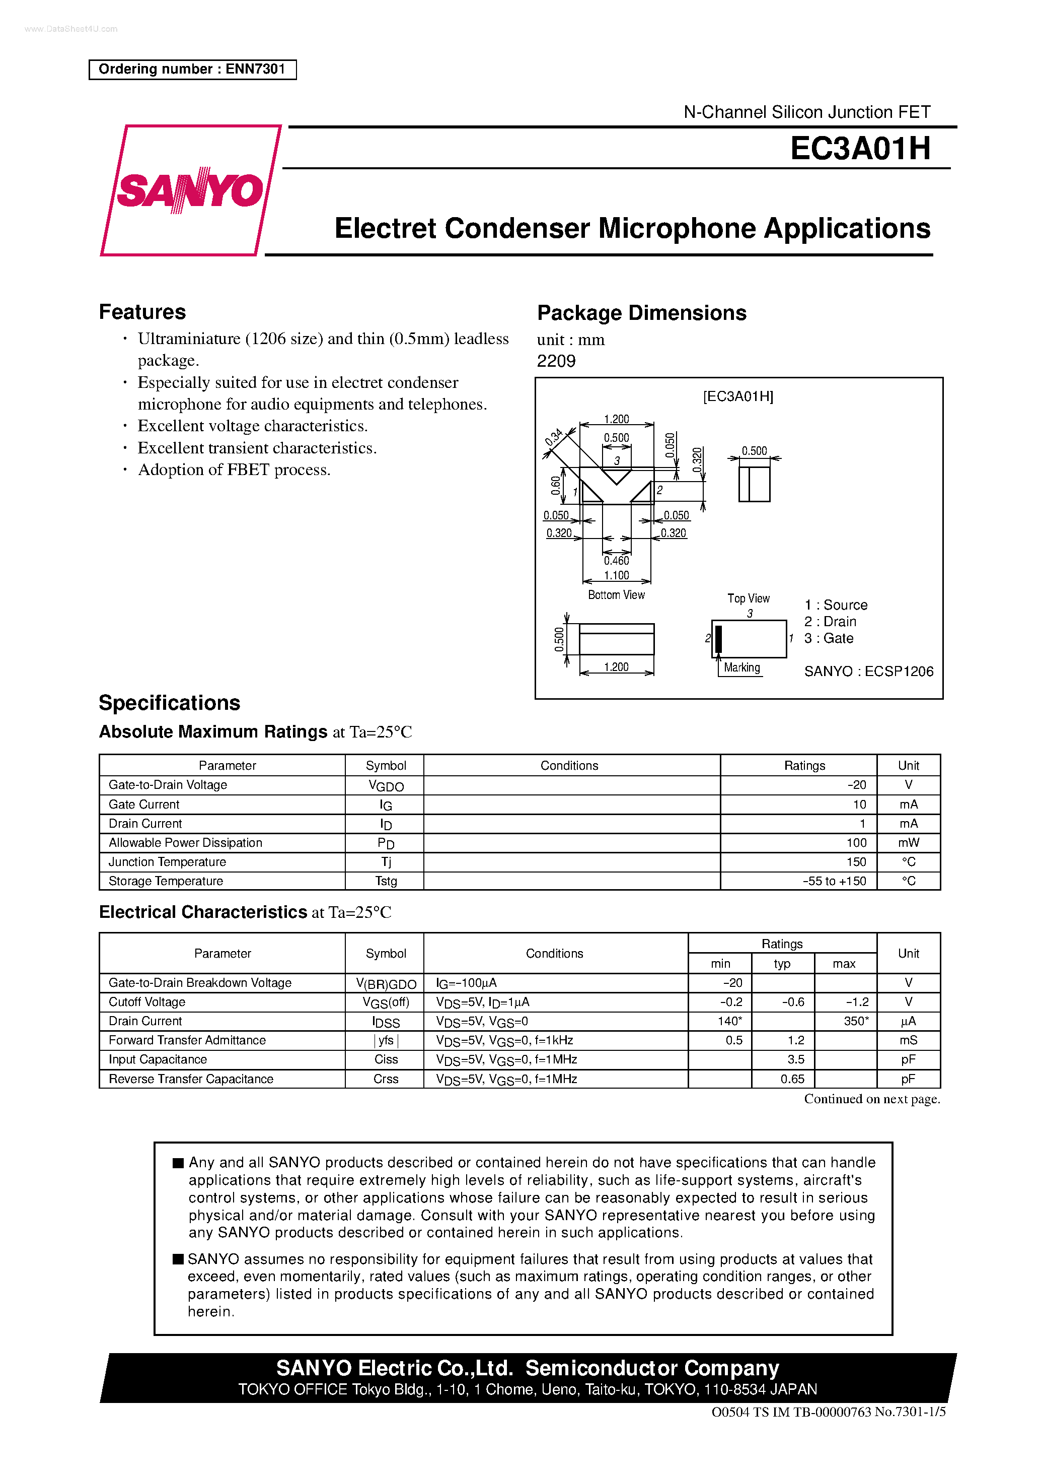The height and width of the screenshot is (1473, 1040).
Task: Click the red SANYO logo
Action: [x=190, y=190]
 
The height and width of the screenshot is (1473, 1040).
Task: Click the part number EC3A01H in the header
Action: [x=859, y=148]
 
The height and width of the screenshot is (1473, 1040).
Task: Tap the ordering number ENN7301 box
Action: [x=192, y=70]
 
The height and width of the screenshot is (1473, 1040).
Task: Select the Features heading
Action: [x=142, y=312]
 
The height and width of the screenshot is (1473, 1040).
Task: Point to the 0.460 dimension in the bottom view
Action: [x=616, y=561]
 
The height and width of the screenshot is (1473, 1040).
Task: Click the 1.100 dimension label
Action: [x=616, y=575]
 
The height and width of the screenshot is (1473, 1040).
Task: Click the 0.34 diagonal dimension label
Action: [x=553, y=438]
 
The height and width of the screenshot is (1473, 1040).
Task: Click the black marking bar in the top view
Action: [x=719, y=639]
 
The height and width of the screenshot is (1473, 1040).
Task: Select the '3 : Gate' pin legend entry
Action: [x=829, y=638]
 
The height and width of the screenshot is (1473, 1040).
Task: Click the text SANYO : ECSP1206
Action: [x=868, y=672]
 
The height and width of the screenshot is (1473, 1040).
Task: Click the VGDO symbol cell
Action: [x=386, y=786]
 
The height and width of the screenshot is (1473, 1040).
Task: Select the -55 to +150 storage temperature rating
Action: [x=834, y=881]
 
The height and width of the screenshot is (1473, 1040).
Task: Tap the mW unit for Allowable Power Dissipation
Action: [x=908, y=842]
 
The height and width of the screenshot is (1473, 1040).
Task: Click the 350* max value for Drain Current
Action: [x=855, y=1021]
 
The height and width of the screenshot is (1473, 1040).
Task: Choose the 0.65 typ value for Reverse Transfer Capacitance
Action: [x=792, y=1079]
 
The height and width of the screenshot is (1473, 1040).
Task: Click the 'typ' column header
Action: [x=782, y=964]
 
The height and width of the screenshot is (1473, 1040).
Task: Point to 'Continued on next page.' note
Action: [x=871, y=1099]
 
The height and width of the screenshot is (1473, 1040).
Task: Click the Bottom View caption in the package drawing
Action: [x=616, y=595]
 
